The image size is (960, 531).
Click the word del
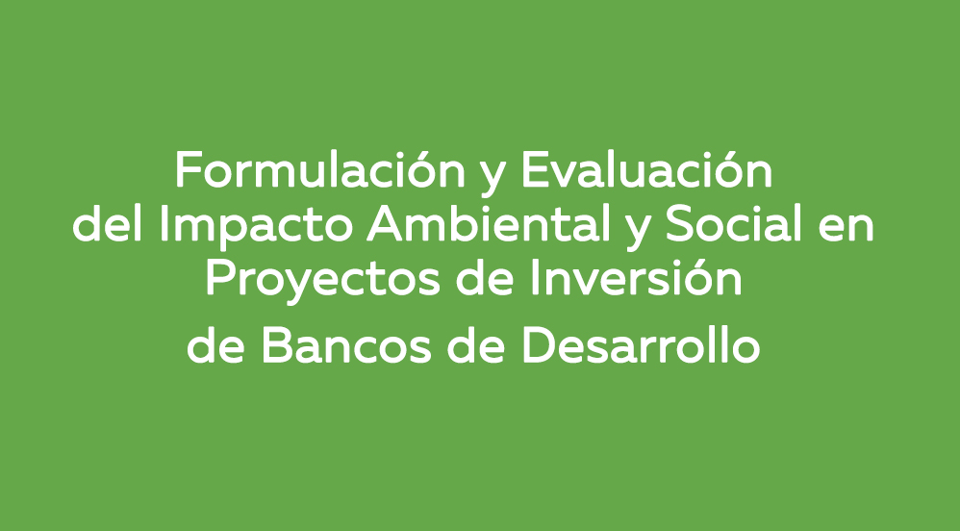(107, 227)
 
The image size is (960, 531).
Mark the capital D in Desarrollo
(537, 347)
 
